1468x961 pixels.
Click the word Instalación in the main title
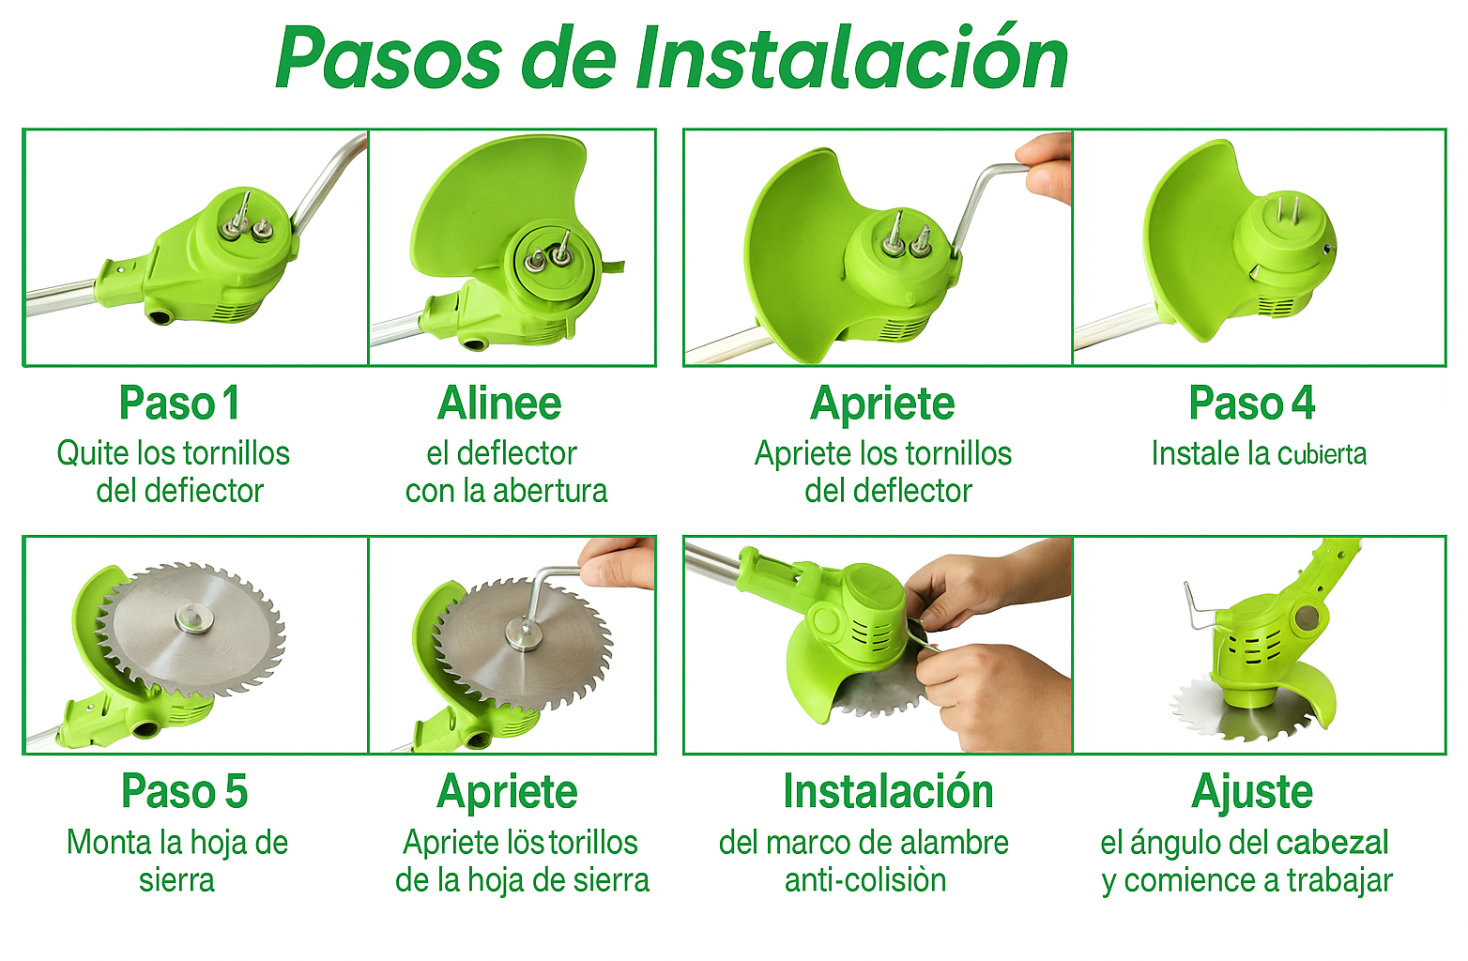click(852, 58)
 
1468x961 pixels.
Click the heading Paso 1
click(179, 403)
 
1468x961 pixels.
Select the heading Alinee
click(499, 403)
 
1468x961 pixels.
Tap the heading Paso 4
click(1252, 403)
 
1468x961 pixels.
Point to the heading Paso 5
click(184, 791)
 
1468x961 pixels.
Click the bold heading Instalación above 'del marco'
click(889, 791)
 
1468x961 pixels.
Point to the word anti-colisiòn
click(865, 880)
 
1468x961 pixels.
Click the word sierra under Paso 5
click(177, 880)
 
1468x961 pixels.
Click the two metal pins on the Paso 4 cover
click(1287, 208)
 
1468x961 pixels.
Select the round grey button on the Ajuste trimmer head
click(1307, 618)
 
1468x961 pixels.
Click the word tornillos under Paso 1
click(237, 453)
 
